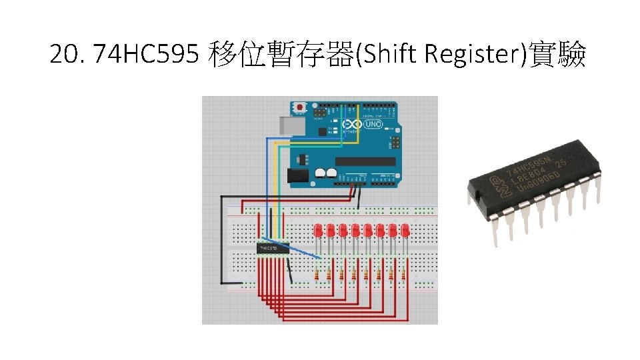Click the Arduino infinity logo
click(x=351, y=125)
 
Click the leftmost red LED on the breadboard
click(x=319, y=231)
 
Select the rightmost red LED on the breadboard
click(x=405, y=231)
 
